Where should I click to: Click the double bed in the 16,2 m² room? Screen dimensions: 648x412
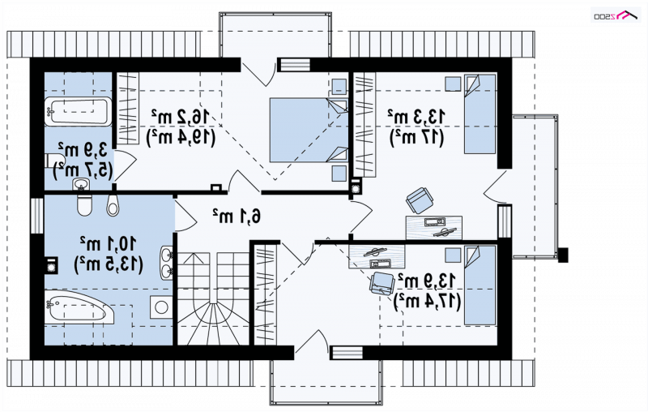(309, 130)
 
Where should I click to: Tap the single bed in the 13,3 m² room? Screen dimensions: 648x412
(480, 114)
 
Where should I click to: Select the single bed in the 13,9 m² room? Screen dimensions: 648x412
(480, 285)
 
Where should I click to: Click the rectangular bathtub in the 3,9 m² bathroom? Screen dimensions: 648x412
(78, 112)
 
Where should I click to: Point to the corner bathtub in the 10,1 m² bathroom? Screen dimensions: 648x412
(79, 307)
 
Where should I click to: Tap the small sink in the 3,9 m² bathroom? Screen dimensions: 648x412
(82, 184)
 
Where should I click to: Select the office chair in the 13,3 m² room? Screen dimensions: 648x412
(420, 200)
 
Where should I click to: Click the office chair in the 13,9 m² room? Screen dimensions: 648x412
(382, 283)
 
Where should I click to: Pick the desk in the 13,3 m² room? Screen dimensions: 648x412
(434, 228)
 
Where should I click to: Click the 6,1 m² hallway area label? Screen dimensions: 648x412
(237, 216)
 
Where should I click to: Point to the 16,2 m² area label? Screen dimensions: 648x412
(181, 117)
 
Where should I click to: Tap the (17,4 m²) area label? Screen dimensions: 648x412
(428, 301)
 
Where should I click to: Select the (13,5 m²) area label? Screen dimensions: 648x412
(109, 264)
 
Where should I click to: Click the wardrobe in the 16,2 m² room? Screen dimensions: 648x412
(128, 109)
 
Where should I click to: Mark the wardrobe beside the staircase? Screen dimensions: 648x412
(265, 294)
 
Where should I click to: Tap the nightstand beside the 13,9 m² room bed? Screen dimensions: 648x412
(453, 255)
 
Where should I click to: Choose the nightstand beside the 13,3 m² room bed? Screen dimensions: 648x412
(453, 84)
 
